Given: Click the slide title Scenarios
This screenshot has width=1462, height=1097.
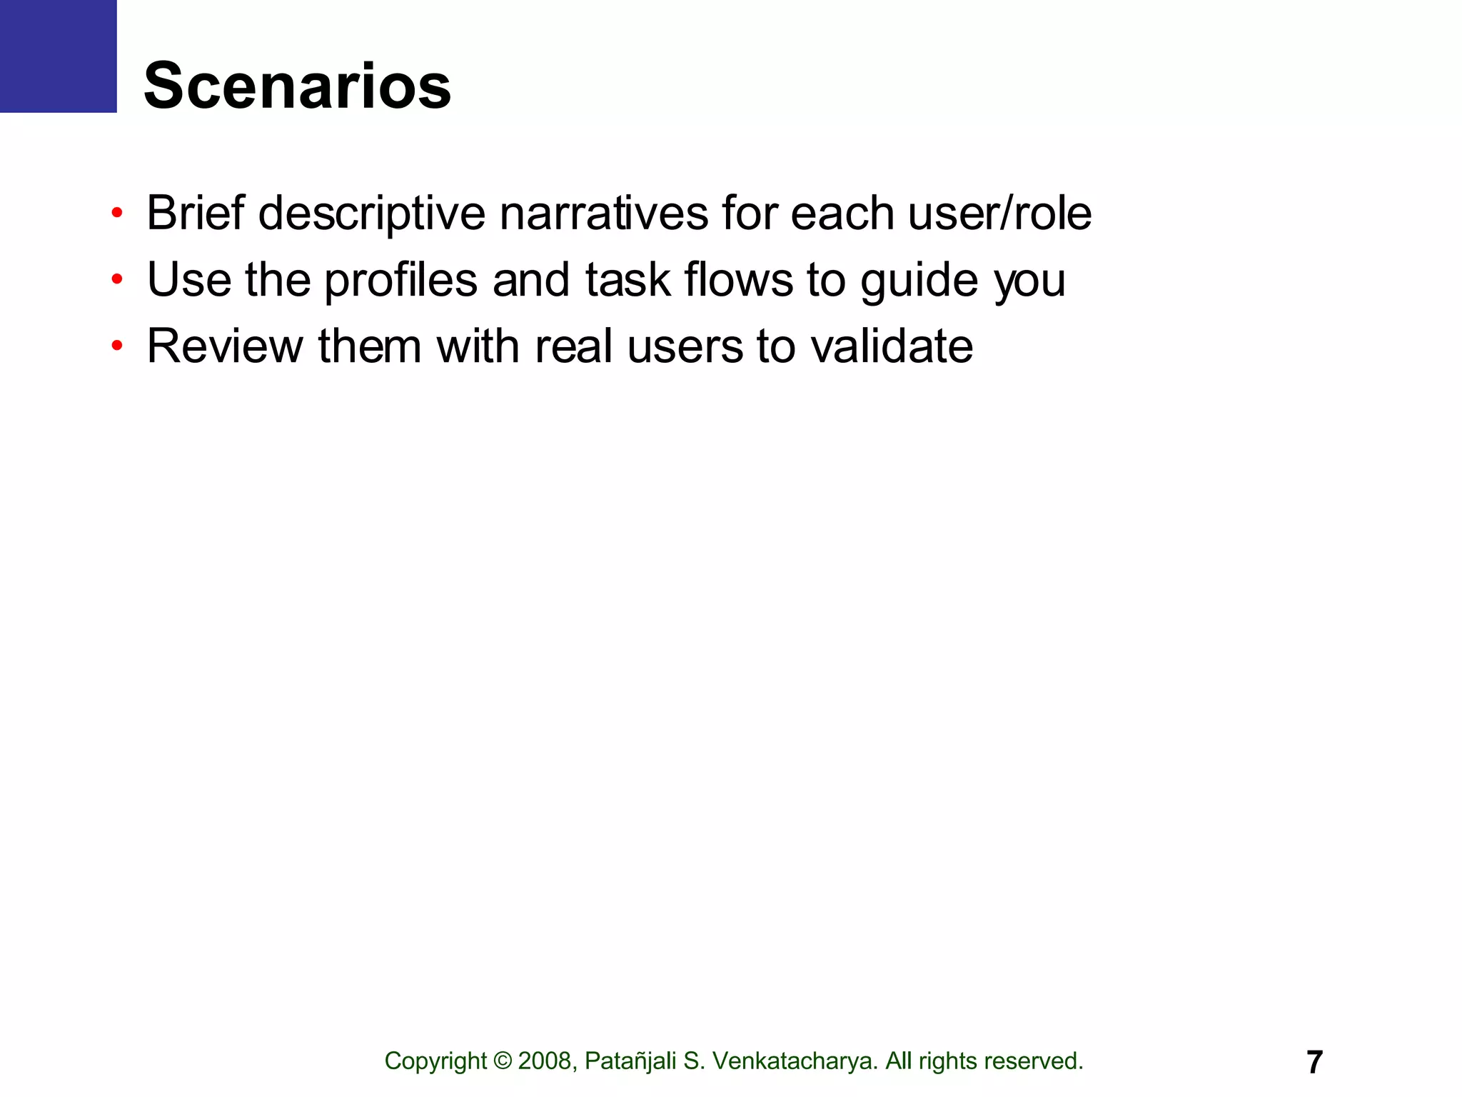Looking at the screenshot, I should pos(297,86).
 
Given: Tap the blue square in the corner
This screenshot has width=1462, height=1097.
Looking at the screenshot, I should pos(58,56).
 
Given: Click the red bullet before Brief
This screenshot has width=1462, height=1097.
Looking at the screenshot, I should pos(117,213).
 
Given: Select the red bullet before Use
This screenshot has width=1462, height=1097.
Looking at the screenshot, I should pos(117,279).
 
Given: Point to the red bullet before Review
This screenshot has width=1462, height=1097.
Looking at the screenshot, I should pos(117,346).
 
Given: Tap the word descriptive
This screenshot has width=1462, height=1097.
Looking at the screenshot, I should pos(371,213).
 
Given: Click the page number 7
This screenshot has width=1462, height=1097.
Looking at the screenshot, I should pos(1314,1062).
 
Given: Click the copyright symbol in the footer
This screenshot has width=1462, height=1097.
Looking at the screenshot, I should pos(503,1061).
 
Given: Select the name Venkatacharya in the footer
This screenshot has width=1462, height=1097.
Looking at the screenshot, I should pos(795,1061).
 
